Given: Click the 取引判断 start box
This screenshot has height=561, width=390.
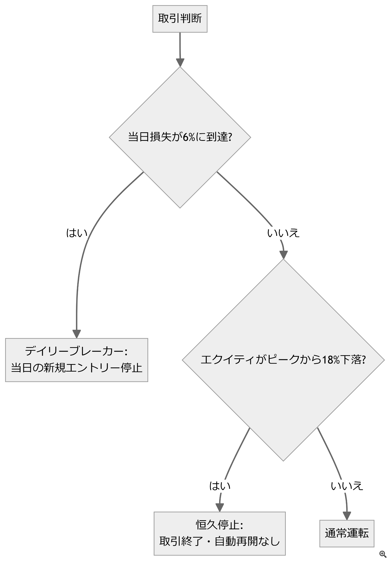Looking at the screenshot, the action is [180, 19].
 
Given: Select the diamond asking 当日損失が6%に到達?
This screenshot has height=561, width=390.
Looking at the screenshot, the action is [180, 137].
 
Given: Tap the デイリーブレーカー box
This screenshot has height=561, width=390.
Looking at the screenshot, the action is [77, 360].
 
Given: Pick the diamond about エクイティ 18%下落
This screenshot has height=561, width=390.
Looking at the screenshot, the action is [283, 360].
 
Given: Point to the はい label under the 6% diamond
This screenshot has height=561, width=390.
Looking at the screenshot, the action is [77, 233].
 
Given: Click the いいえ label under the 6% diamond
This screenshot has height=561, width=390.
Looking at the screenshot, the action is [283, 233].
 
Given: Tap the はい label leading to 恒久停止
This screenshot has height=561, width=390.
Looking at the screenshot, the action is [220, 486].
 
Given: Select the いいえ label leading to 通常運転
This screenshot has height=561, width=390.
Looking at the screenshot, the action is [347, 486].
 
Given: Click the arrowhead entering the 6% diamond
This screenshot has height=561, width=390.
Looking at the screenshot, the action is [180, 63].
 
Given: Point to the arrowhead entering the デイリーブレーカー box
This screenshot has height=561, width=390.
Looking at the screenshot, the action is [77, 334].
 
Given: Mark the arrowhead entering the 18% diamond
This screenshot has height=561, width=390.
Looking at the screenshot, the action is [283, 255].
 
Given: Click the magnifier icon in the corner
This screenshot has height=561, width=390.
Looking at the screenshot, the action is [383, 554].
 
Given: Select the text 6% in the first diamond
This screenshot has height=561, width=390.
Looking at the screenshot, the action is [189, 137].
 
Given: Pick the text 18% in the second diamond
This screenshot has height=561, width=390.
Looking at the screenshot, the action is [331, 360].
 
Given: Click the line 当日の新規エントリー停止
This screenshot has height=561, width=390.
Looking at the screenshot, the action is [77, 368].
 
